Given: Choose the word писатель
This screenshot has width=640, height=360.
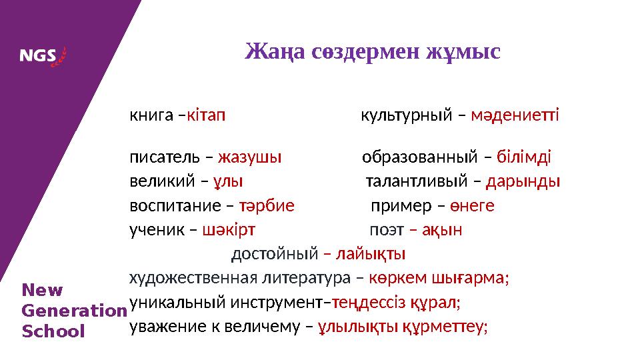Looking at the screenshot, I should pos(164,158).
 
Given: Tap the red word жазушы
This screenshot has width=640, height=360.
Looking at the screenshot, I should pos(250,158).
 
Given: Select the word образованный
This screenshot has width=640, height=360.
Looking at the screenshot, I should pos(419,158).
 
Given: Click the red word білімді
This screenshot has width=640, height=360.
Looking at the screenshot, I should pos(524,158).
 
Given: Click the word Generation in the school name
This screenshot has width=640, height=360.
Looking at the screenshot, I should pos(74,311).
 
